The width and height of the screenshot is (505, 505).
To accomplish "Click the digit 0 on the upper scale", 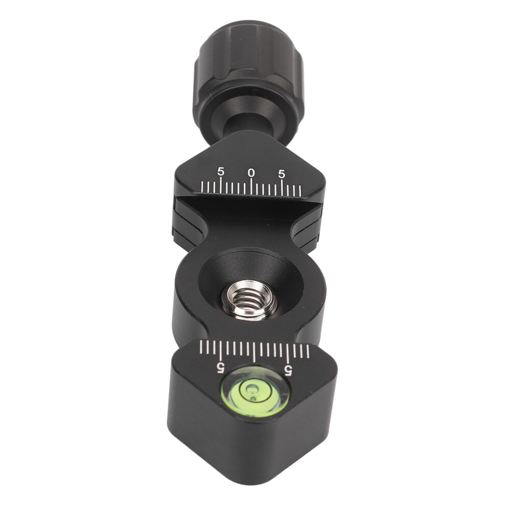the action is click(x=251, y=173).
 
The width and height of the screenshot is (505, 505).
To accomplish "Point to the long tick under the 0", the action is click(x=251, y=187).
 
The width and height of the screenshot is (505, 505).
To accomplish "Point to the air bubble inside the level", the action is click(x=250, y=389).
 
